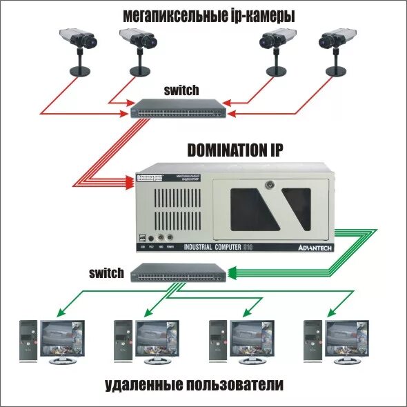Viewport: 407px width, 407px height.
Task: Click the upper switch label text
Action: point(181,90)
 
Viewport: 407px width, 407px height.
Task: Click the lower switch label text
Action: point(106,272)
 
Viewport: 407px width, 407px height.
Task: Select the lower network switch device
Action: point(177,273)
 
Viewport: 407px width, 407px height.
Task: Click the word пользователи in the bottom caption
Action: point(235,384)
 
